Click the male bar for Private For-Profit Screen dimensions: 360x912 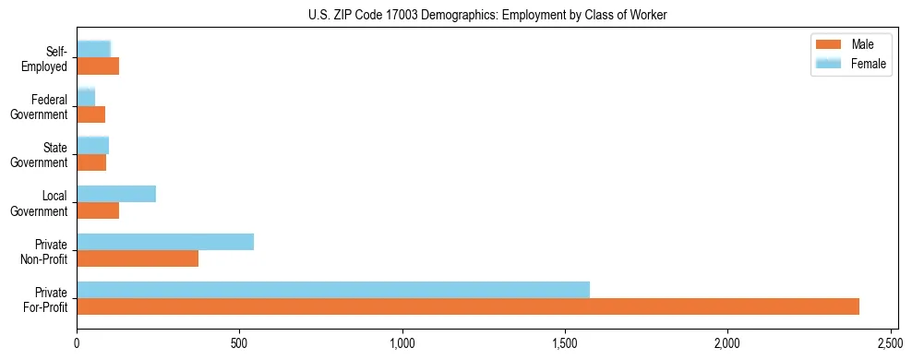468,306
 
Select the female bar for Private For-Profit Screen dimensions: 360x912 333,290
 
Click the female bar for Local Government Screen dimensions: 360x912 116,194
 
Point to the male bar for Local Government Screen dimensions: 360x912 98,210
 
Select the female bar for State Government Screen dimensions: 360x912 93,145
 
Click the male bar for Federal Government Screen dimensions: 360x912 91,114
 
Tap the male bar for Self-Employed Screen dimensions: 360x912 98,66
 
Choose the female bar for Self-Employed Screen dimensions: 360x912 94,49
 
